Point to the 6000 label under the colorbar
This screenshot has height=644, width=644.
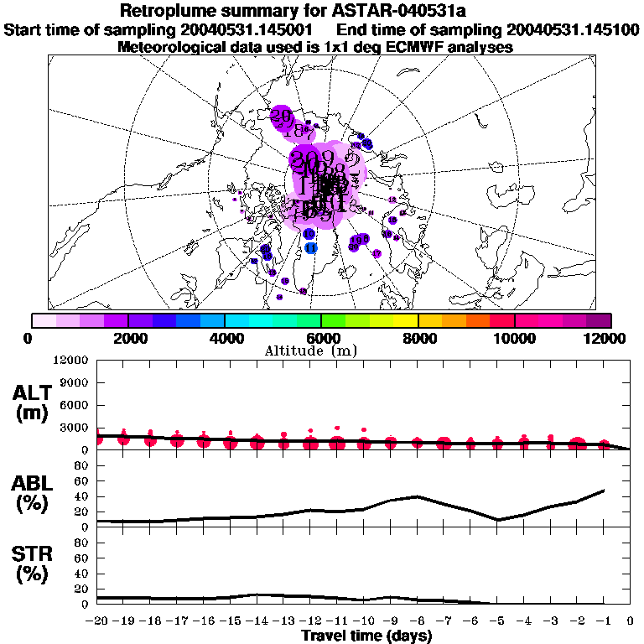pyautogui.click(x=322, y=337)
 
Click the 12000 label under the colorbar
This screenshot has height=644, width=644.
pyautogui.click(x=605, y=337)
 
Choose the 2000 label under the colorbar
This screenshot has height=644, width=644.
pyautogui.click(x=127, y=337)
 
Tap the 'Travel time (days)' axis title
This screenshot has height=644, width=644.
pyautogui.click(x=366, y=636)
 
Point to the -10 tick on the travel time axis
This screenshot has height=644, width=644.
pyautogui.click(x=364, y=621)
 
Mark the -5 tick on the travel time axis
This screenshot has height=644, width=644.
pyautogui.click(x=497, y=621)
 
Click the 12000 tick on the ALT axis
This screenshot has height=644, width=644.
pyautogui.click(x=72, y=361)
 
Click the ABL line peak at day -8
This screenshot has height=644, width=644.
pyautogui.click(x=418, y=496)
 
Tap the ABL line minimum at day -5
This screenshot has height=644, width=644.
pyautogui.click(x=497, y=520)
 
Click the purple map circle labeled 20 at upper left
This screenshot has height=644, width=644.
pyautogui.click(x=282, y=115)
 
